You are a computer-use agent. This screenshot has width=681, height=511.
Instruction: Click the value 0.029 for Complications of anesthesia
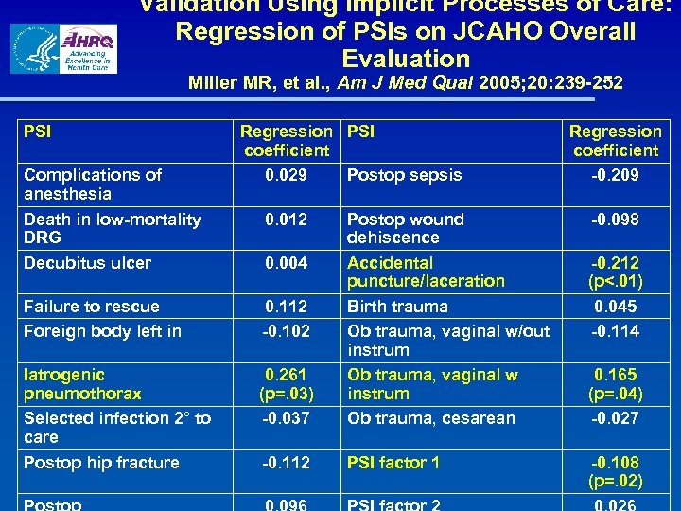[286, 175]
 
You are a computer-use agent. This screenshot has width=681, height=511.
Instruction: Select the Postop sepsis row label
[404, 175]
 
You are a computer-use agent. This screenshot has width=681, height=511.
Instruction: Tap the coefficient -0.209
[615, 175]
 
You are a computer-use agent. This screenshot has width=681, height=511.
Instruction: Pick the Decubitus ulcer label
[87, 263]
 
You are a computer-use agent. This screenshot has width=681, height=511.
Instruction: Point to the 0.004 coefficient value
[286, 263]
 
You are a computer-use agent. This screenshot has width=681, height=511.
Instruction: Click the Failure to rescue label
[92, 307]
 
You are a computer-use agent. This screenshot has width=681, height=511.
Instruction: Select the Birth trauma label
[397, 307]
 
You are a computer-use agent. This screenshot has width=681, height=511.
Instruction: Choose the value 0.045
[615, 307]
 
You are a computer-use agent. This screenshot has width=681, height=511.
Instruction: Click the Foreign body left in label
[102, 331]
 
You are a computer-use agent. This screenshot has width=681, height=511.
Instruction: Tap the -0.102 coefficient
[286, 331]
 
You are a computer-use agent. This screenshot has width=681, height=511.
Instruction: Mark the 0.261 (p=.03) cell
[286, 384]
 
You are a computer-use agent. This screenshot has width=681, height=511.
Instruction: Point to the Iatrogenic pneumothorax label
[82, 384]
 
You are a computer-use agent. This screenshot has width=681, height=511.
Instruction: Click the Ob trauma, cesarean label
[431, 418]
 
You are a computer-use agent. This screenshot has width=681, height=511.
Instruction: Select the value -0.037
[286, 418]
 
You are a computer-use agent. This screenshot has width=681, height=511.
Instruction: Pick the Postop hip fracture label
[101, 463]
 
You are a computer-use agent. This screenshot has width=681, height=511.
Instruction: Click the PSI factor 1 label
[393, 463]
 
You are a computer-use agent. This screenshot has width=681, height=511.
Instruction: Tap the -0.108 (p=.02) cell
[615, 471]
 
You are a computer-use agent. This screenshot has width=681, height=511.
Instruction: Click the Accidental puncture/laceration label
[426, 272]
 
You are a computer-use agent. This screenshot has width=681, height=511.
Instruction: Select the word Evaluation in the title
[406, 58]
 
